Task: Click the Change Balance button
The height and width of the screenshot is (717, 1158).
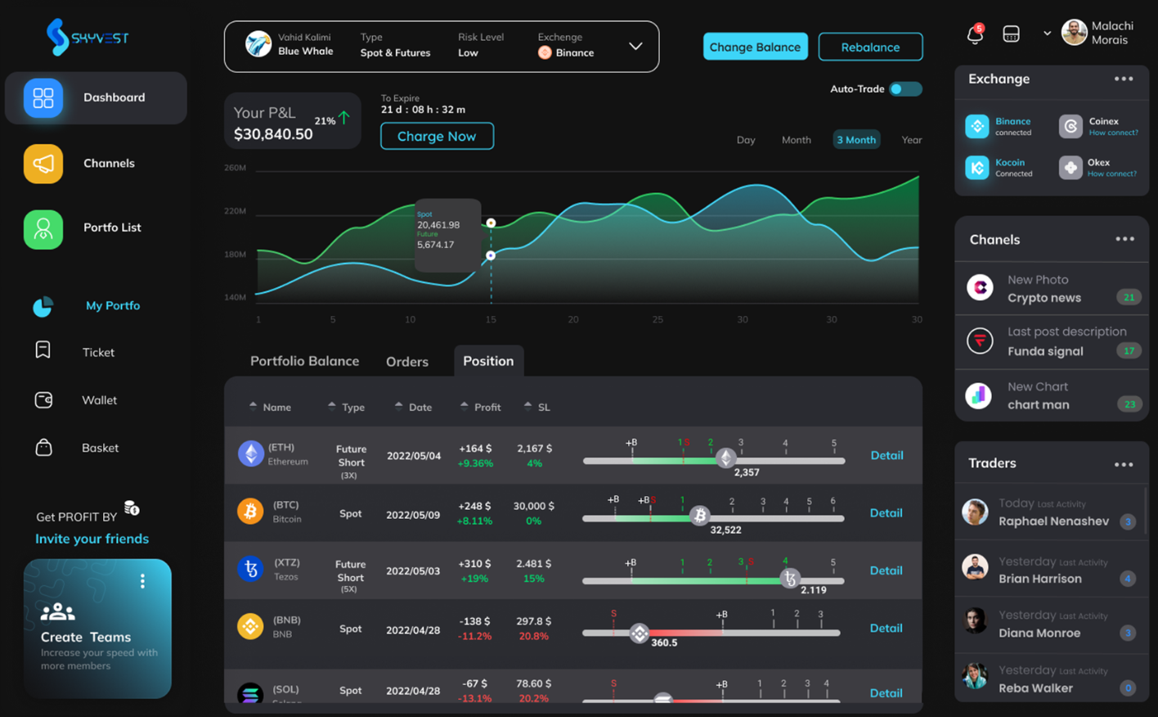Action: tap(755, 47)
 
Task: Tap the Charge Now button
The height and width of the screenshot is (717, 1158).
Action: tap(437, 136)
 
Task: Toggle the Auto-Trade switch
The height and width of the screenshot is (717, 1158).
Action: tap(904, 89)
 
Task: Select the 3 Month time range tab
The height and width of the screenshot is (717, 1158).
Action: tap(855, 140)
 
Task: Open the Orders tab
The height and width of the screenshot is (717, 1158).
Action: tap(406, 362)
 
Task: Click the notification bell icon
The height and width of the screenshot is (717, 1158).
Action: tap(974, 34)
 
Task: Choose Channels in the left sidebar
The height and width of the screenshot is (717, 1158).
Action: tap(108, 163)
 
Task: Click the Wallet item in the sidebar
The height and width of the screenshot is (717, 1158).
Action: tap(99, 400)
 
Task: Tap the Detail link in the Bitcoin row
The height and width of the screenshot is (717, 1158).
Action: tap(886, 513)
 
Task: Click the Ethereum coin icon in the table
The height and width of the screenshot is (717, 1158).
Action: tap(250, 453)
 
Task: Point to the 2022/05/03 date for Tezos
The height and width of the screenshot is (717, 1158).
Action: tap(413, 570)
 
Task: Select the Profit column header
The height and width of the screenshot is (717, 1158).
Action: tap(487, 407)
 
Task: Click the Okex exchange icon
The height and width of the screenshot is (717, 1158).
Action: tap(1070, 168)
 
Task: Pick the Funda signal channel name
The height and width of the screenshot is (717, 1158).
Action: tap(1044, 351)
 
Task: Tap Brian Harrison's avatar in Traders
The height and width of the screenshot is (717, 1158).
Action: tap(975, 567)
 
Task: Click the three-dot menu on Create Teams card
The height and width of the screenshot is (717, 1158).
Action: tap(142, 581)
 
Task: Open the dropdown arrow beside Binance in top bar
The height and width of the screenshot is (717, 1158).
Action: tap(635, 47)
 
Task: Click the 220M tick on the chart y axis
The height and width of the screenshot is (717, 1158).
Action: tap(236, 211)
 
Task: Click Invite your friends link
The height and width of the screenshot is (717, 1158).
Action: tap(92, 539)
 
